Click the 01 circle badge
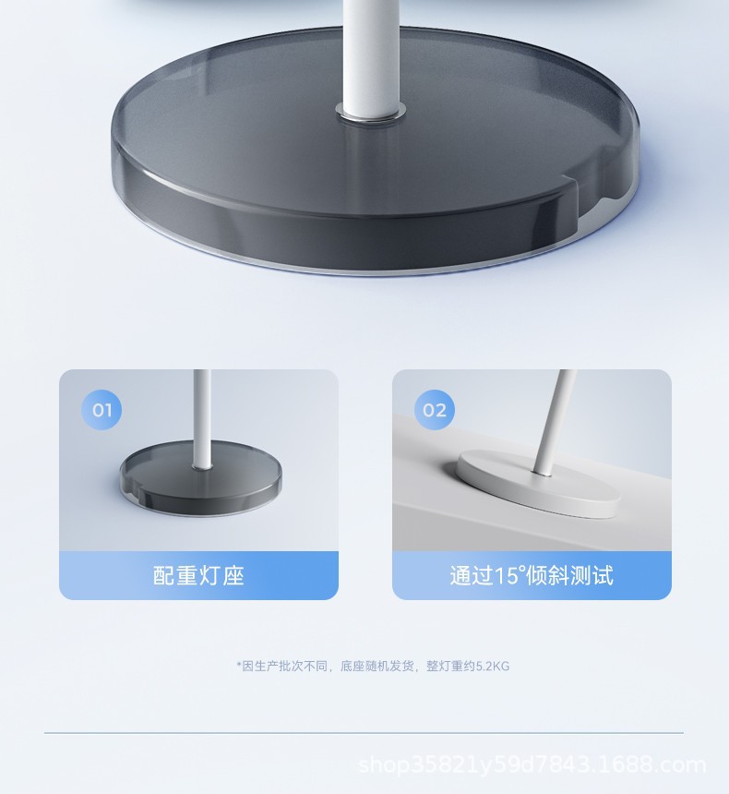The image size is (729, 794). click(x=102, y=410)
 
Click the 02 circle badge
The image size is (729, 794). click(x=435, y=410)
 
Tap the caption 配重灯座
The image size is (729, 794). click(x=198, y=576)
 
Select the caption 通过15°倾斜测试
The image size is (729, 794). click(x=532, y=576)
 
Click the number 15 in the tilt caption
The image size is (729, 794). click(x=506, y=576)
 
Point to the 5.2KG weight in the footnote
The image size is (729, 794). click(x=493, y=666)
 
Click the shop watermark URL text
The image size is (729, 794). click(x=532, y=764)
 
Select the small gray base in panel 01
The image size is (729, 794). click(x=201, y=478)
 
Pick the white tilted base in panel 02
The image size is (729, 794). click(x=538, y=484)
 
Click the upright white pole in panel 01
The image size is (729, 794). click(x=202, y=418)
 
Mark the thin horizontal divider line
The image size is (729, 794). click(x=364, y=732)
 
